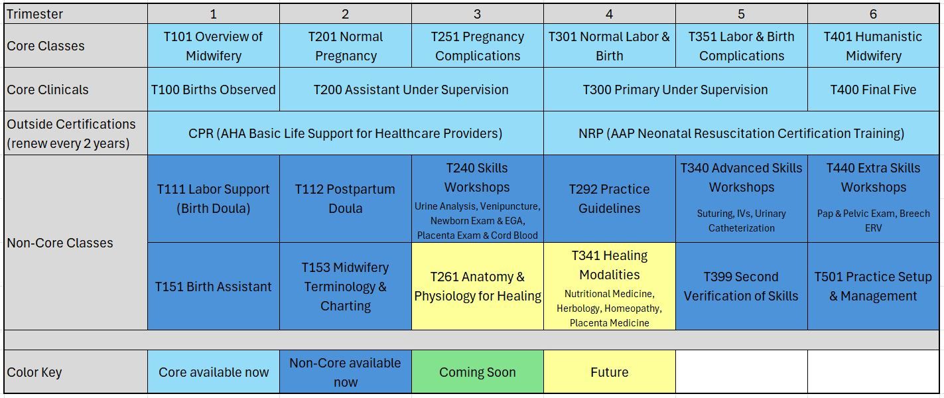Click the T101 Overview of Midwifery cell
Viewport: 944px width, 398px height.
point(213,46)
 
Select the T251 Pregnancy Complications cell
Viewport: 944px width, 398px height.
point(478,46)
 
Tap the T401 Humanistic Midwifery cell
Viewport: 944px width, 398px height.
point(873,46)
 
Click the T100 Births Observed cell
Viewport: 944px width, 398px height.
point(213,90)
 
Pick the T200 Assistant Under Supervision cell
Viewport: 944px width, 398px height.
point(411,90)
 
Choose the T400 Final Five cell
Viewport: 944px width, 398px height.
point(873,90)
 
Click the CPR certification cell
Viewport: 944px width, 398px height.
point(345,133)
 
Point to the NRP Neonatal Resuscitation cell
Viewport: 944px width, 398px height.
point(741,133)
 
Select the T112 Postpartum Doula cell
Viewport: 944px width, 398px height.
point(345,198)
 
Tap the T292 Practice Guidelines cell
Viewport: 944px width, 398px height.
point(610,198)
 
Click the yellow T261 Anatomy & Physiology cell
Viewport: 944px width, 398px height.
point(478,287)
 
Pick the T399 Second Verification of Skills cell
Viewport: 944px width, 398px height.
point(741,287)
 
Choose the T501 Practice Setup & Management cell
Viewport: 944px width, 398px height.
point(873,287)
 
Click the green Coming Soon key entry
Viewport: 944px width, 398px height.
point(478,372)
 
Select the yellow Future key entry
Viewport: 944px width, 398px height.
point(610,372)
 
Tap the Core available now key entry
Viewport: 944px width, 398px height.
point(213,372)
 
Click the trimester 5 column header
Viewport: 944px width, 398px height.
point(741,14)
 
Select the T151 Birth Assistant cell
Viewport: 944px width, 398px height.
point(213,287)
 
